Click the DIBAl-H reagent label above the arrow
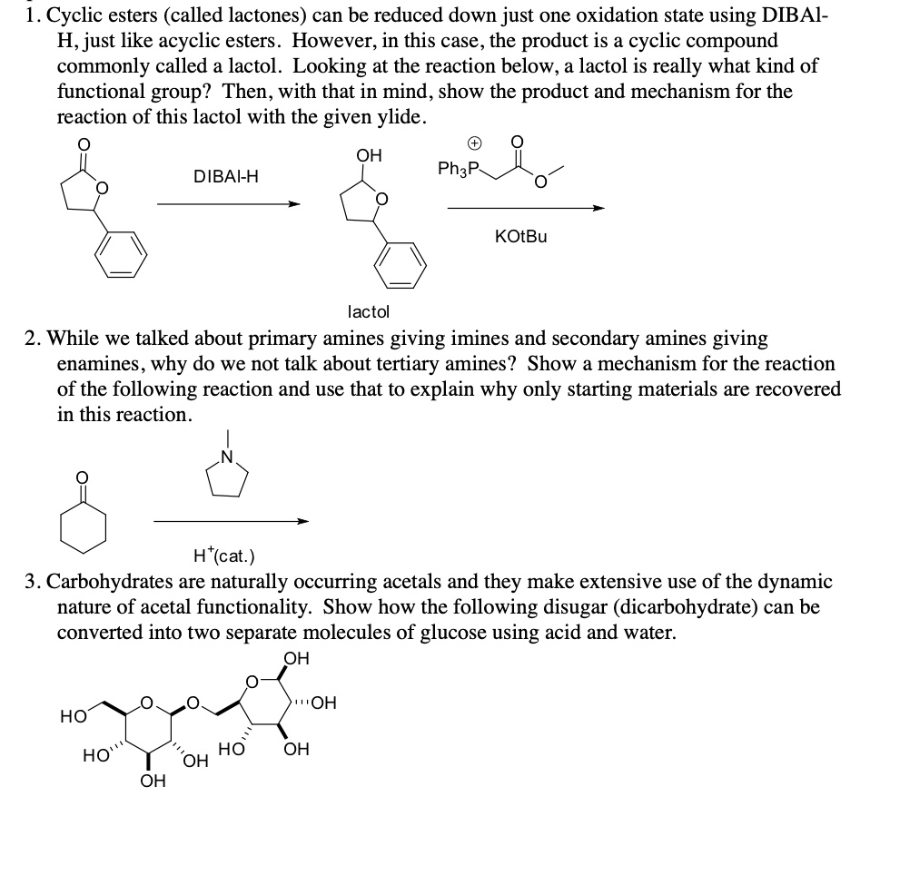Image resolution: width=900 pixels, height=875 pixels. [x=226, y=176]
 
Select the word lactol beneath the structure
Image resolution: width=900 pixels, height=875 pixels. [x=369, y=311]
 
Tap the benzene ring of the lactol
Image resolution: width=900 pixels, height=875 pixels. [x=401, y=259]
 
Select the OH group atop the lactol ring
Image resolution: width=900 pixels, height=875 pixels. [x=368, y=156]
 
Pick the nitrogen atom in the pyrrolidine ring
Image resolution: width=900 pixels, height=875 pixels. [x=228, y=455]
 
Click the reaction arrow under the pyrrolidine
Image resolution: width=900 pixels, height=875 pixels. [x=231, y=521]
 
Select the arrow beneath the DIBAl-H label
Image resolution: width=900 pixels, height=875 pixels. [x=228, y=204]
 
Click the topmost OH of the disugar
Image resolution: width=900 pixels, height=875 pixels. [x=296, y=658]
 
